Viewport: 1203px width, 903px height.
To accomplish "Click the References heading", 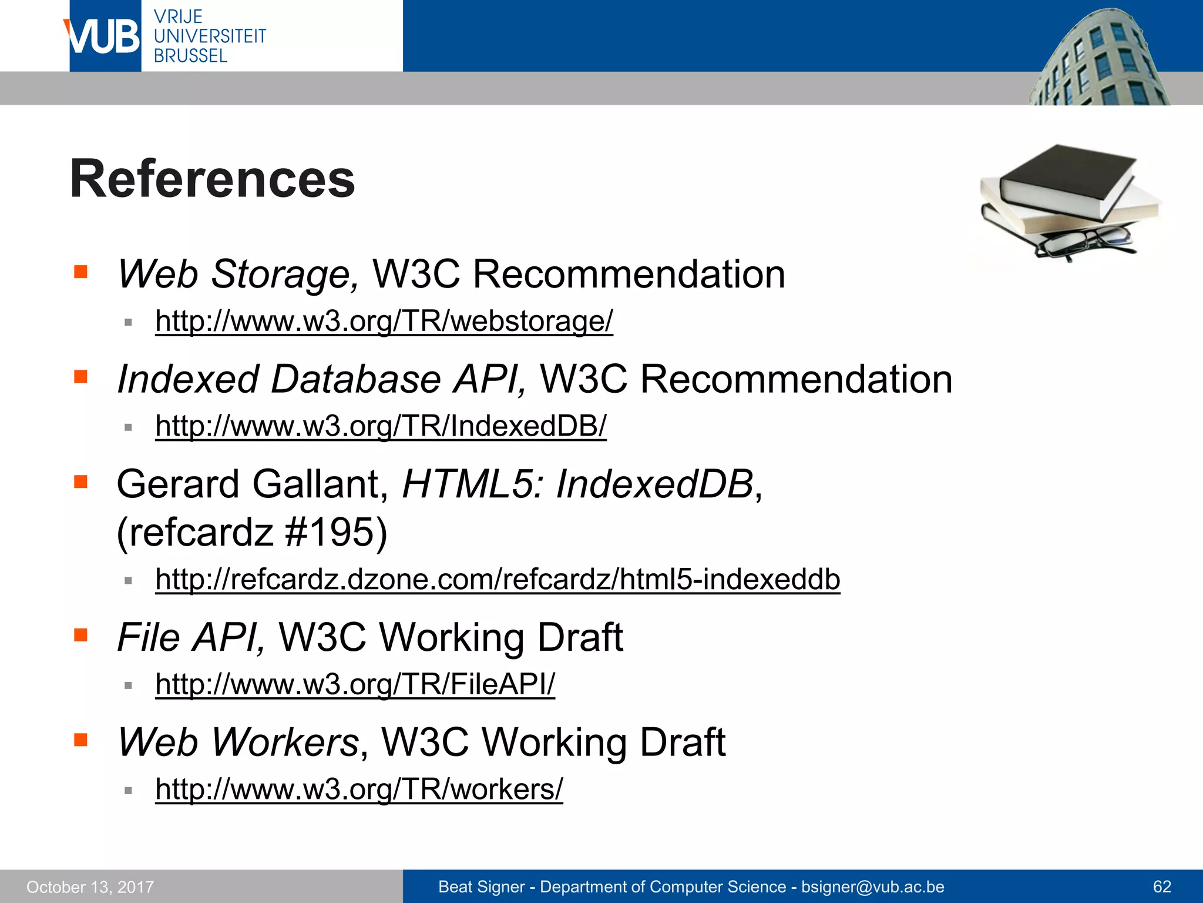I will click(x=212, y=179).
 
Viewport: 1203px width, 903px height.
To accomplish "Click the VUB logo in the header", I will click(x=103, y=36).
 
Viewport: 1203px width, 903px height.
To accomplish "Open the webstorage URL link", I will click(x=384, y=321).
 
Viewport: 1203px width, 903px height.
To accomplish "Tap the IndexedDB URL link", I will click(x=381, y=426).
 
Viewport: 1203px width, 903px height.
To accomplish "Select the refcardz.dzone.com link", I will click(x=498, y=579).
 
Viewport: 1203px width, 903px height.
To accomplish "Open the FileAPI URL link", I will click(x=355, y=684).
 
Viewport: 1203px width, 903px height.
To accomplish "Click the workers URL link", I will click(x=359, y=789).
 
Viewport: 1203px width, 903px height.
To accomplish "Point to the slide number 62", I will click(x=1162, y=887).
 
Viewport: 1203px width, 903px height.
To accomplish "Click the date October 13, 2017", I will click(x=90, y=887).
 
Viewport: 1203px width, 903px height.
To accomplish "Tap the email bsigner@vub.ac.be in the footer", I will click(x=873, y=887).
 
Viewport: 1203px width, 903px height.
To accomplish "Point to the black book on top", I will click(x=1066, y=179).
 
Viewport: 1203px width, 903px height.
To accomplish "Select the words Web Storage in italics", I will click(x=237, y=274).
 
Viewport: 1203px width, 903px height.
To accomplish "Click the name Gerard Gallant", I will click(x=252, y=484).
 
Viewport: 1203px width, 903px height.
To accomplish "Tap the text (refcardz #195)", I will click(x=252, y=532).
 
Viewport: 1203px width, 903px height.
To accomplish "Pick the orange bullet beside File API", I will click(x=80, y=635).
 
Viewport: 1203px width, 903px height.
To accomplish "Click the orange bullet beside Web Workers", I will click(x=80, y=740).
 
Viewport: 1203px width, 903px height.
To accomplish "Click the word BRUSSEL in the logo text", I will click(x=190, y=56).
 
